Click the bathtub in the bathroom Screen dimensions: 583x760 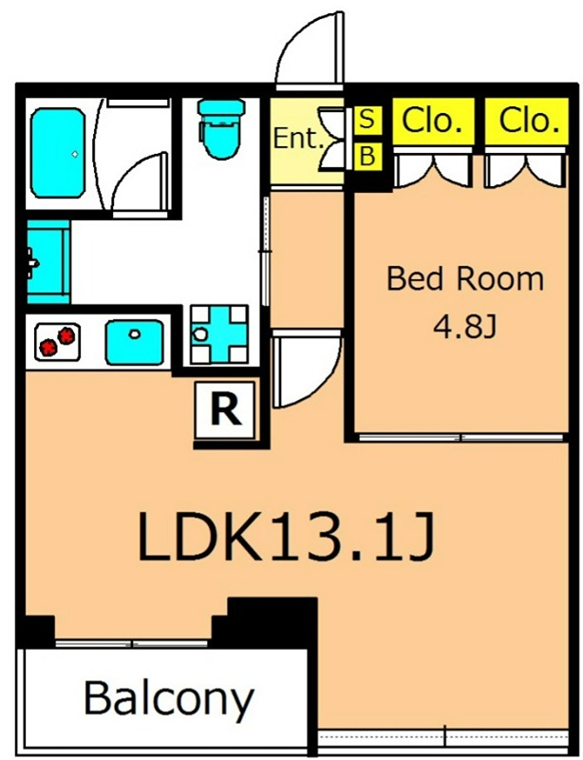coord(58,153)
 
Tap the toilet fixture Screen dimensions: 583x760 coord(221,128)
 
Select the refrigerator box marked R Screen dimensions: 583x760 coord(225,410)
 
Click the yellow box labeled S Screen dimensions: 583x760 coord(367,119)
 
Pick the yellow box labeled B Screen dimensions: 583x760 coord(367,157)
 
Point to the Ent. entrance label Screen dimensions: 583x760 coord(297,139)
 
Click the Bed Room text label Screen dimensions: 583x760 coord(464,279)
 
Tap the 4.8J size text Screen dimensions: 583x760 coord(464,328)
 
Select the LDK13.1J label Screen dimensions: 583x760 coord(285,537)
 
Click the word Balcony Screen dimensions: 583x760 coord(169,698)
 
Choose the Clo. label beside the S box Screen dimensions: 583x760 coord(433,121)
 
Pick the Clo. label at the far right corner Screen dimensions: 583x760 coord(527,121)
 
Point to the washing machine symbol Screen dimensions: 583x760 coord(219,334)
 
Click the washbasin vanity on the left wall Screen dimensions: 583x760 coord(48,262)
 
